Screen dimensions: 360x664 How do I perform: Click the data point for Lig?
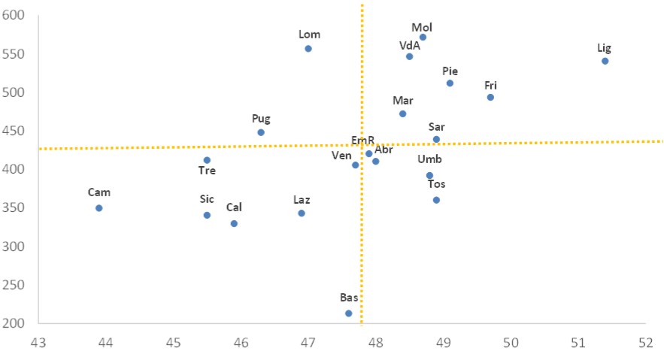coord(605,61)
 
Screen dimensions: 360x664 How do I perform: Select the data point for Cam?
coord(99,208)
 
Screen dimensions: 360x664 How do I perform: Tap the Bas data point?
coord(348,313)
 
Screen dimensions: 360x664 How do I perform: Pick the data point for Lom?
coord(308,49)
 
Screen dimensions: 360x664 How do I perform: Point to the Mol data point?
coord(423,37)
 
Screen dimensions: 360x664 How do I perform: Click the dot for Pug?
coord(261,132)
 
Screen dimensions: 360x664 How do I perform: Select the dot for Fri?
coord(490,97)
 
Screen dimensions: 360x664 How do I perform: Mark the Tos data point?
coord(436,200)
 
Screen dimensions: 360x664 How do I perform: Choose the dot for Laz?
coord(302,213)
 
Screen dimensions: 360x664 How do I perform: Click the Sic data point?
coord(207,215)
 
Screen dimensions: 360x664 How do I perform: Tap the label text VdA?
coord(409,44)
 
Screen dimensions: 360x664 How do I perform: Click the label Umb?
coord(429,159)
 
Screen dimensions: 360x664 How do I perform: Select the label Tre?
coord(207,171)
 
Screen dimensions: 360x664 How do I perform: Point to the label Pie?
coord(450,71)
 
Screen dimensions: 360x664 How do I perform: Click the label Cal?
coord(234,207)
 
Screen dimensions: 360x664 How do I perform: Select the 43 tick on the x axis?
coord(38,343)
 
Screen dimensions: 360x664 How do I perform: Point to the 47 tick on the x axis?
coord(308,343)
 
